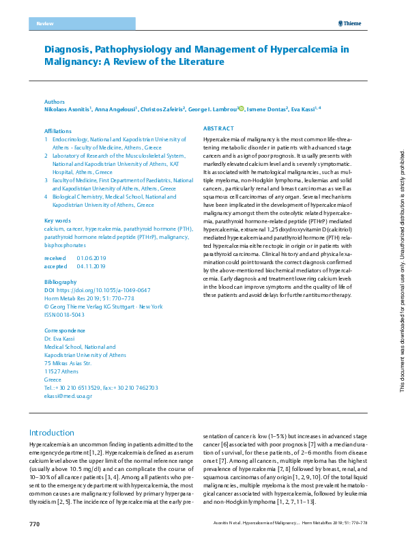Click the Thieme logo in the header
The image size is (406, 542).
(x=349, y=24)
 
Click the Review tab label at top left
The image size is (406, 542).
(x=44, y=24)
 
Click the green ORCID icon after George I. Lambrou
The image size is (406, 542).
(x=241, y=108)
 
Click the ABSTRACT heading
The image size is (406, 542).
(x=219, y=128)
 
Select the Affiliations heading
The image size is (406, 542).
(x=57, y=130)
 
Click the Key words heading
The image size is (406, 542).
(x=57, y=220)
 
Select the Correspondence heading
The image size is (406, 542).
(x=66, y=330)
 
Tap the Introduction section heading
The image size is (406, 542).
(x=51, y=433)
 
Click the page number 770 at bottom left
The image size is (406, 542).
(x=35, y=524)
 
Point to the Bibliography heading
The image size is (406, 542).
(x=60, y=282)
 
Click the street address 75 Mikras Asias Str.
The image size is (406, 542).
(x=68, y=363)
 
